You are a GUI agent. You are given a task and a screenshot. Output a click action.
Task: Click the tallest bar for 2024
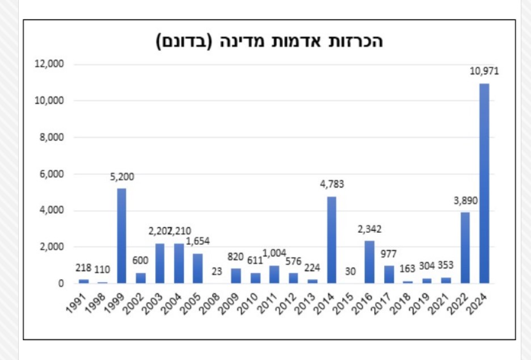click(484, 183)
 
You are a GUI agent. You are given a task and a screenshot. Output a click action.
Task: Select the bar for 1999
click(121, 236)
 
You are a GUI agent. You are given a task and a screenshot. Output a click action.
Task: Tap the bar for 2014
click(331, 240)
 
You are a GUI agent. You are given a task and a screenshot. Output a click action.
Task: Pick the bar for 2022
click(465, 248)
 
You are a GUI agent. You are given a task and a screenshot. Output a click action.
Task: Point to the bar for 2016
click(369, 262)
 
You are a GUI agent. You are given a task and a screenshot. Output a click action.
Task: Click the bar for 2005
click(198, 268)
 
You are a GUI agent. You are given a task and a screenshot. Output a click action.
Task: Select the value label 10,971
click(483, 72)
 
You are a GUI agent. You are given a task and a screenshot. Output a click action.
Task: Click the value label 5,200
click(122, 177)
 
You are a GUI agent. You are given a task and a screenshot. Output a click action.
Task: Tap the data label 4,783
click(331, 184)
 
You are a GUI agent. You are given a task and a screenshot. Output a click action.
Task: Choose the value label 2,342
click(369, 229)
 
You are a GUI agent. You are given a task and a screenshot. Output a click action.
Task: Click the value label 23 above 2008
click(217, 271)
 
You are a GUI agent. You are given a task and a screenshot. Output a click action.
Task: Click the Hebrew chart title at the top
click(270, 42)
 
